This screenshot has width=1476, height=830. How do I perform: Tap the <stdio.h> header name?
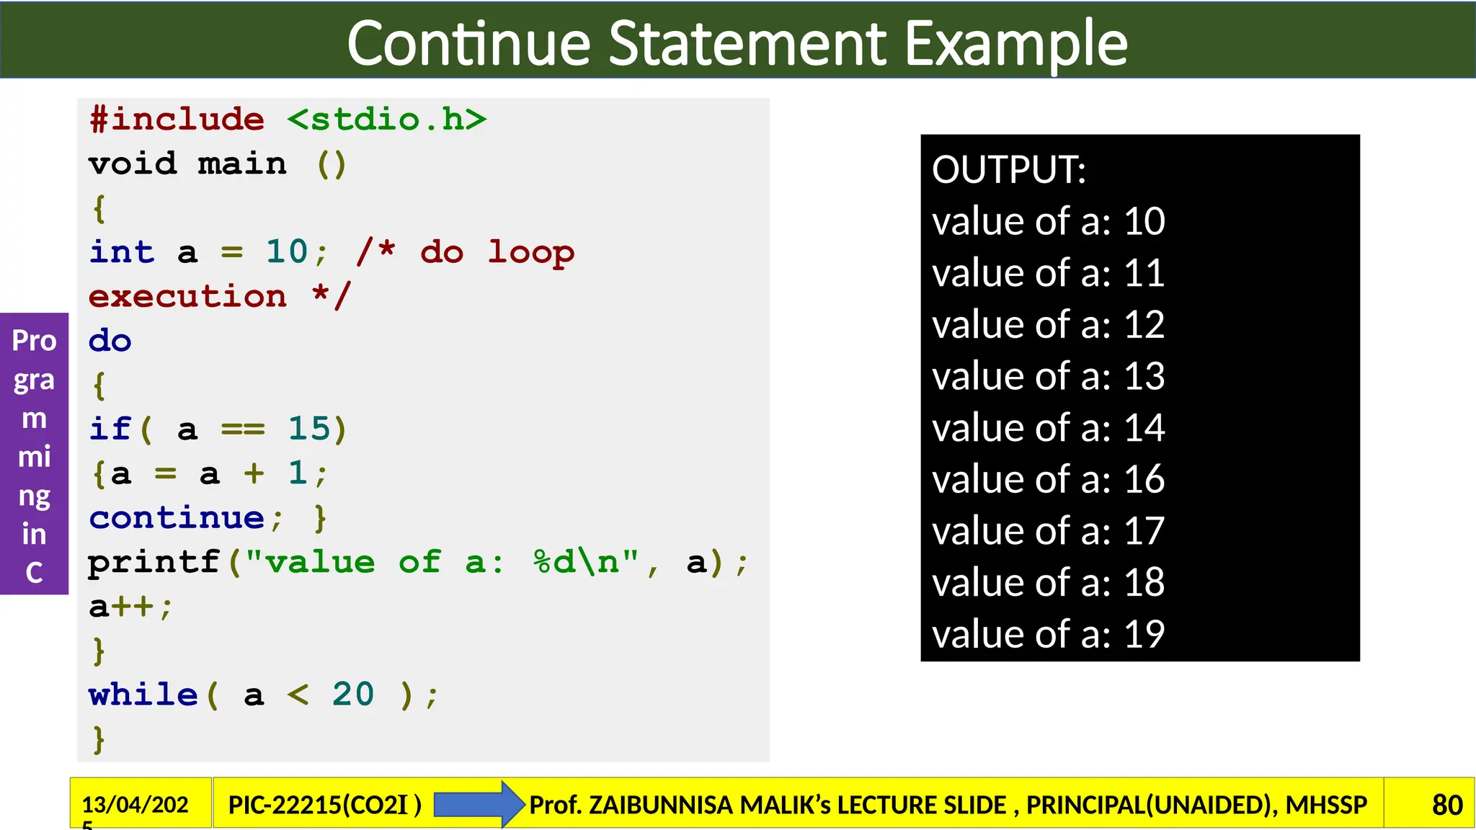pyautogui.click(x=386, y=120)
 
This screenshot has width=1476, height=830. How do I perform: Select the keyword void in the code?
pyautogui.click(x=133, y=164)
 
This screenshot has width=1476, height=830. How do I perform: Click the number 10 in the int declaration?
pyautogui.click(x=287, y=252)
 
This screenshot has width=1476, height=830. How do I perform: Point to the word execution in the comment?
pyautogui.click(x=187, y=297)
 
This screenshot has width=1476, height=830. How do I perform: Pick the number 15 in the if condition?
pyautogui.click(x=309, y=429)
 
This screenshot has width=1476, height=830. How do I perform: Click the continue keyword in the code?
pyautogui.click(x=177, y=518)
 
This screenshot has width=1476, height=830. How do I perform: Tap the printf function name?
pyautogui.click(x=154, y=563)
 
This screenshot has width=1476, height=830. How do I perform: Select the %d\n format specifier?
pyautogui.click(x=586, y=563)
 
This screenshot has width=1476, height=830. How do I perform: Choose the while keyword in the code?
pyautogui.click(x=143, y=695)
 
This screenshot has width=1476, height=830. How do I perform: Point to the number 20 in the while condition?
pyautogui.click(x=353, y=695)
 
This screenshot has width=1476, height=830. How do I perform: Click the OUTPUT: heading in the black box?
pyautogui.click(x=1008, y=170)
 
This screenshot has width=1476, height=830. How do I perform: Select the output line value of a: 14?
pyautogui.click(x=1048, y=428)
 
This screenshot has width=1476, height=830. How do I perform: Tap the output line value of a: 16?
pyautogui.click(x=1048, y=480)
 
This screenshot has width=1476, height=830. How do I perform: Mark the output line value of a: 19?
pyautogui.click(x=1048, y=635)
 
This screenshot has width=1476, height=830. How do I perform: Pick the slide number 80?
pyautogui.click(x=1446, y=805)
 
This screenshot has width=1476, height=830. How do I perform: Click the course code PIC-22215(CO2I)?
pyautogui.click(x=324, y=805)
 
